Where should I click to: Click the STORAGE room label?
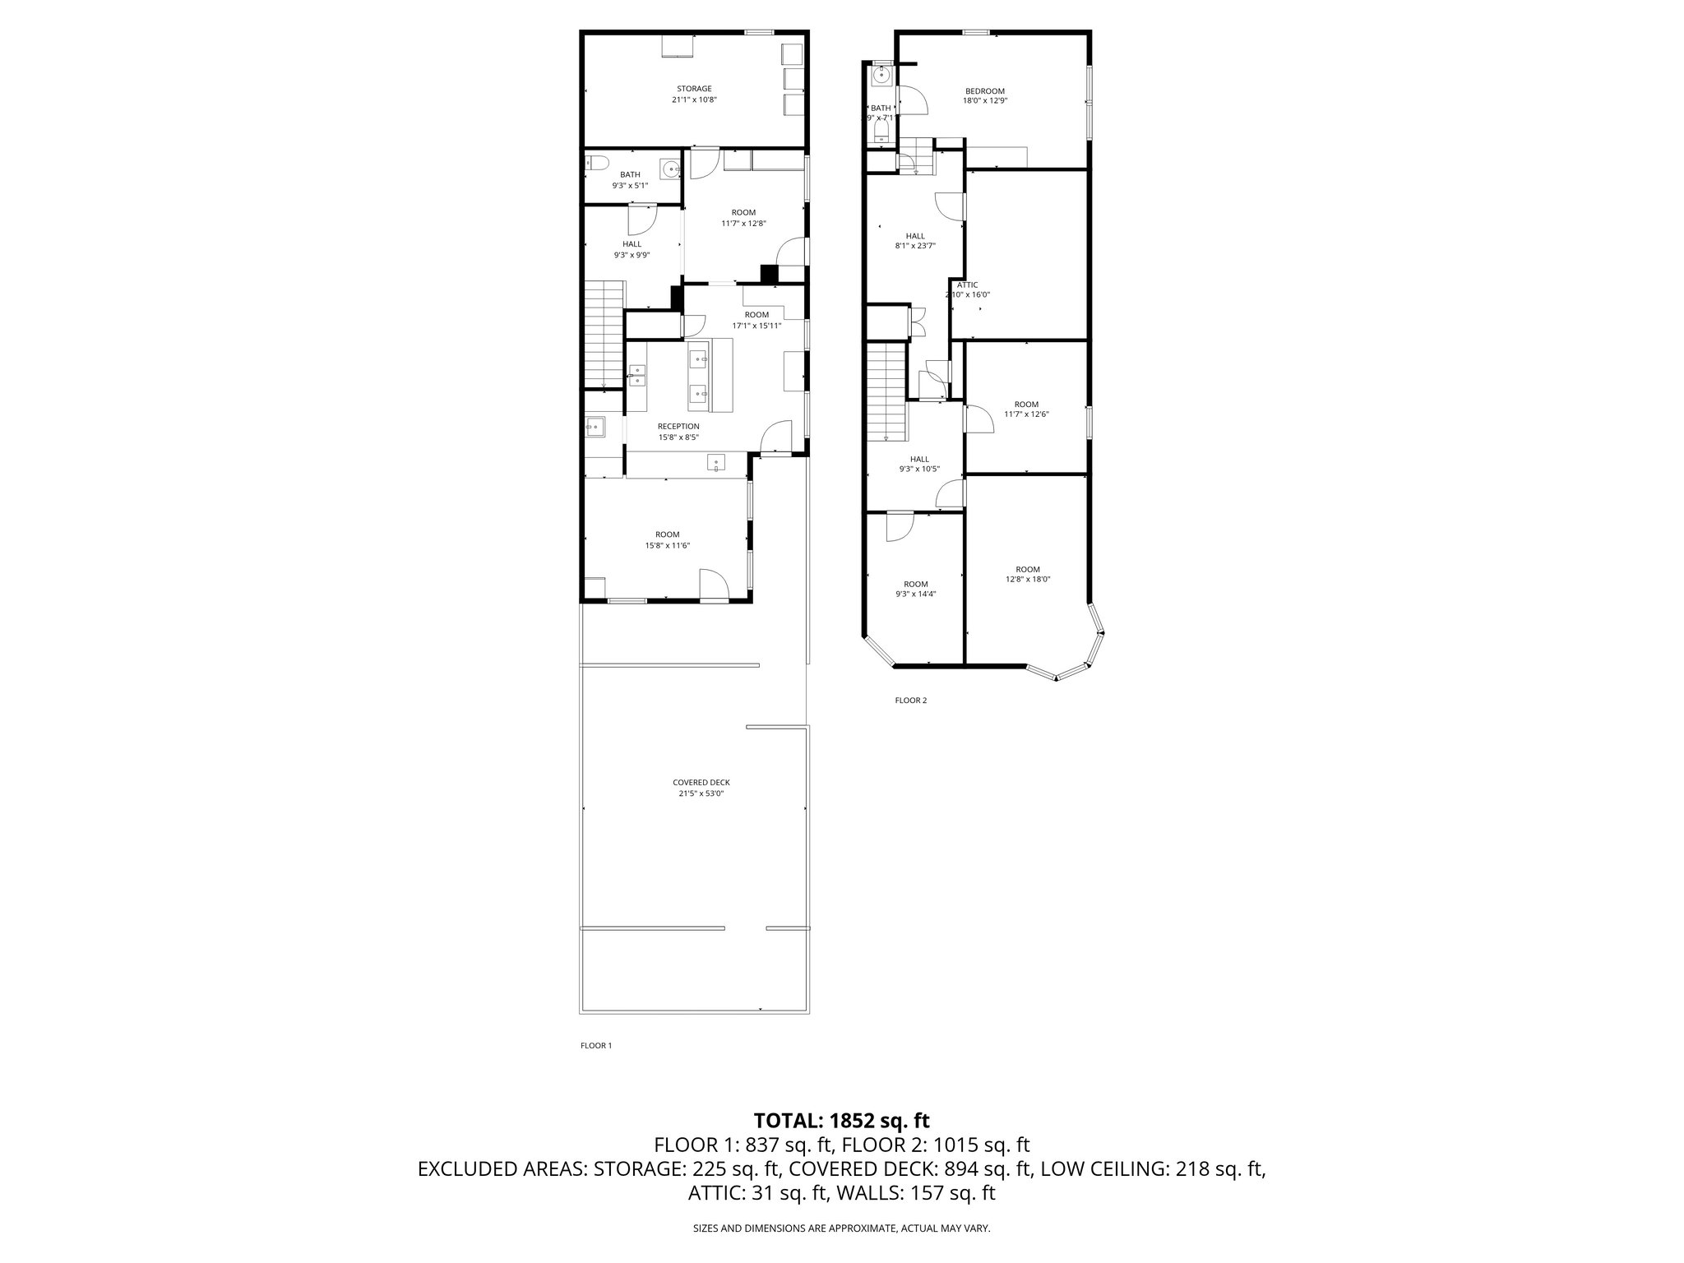pyautogui.click(x=694, y=89)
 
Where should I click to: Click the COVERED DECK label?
pyautogui.click(x=701, y=783)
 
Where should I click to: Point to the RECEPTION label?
pyautogui.click(x=678, y=426)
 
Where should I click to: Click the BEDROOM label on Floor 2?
pyautogui.click(x=984, y=91)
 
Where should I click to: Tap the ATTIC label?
pyautogui.click(x=968, y=285)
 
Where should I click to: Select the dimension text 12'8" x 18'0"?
pyautogui.click(x=1028, y=579)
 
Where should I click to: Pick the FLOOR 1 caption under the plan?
pyautogui.click(x=596, y=1046)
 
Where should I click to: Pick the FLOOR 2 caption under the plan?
pyautogui.click(x=910, y=701)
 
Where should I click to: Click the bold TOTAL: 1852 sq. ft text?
pyautogui.click(x=841, y=1120)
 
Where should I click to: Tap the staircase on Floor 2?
pyautogui.click(x=886, y=391)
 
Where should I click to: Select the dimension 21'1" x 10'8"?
pyautogui.click(x=694, y=99)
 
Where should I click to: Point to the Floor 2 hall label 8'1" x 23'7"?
pyautogui.click(x=915, y=245)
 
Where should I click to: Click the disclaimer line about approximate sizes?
pyautogui.click(x=841, y=1228)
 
